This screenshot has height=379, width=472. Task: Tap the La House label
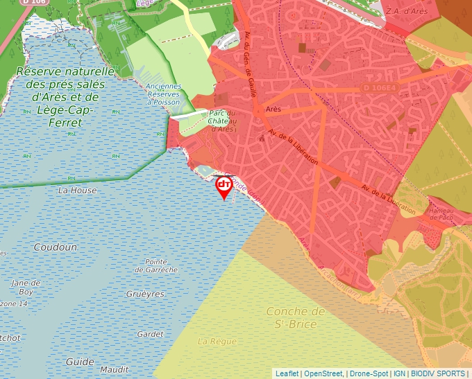coord(78,190)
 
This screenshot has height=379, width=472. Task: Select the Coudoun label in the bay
coord(56,247)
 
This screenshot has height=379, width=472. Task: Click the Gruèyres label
coord(146,294)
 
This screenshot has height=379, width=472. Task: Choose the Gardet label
coord(151,334)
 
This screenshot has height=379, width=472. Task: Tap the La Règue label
coord(217,341)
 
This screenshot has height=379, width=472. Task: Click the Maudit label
coord(115,370)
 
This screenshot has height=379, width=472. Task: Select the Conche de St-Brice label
coord(296,318)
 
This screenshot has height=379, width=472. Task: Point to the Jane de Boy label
coord(26,288)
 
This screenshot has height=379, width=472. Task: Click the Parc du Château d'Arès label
coord(222,121)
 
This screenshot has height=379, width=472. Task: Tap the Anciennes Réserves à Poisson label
coord(163,94)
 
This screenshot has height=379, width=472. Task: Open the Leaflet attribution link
coord(287,373)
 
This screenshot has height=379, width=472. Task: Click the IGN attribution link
coord(400,373)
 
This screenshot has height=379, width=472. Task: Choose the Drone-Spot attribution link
coord(370,373)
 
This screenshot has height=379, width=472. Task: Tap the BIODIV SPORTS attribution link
coord(438,373)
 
